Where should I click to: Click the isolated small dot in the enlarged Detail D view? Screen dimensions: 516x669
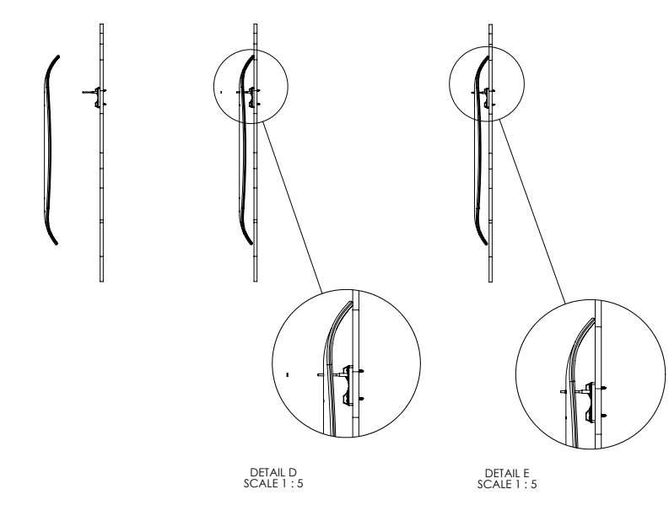click(x=288, y=372)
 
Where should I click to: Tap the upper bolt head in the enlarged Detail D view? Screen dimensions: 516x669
click(x=363, y=371)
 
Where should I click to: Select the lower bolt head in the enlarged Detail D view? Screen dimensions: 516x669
click(x=363, y=397)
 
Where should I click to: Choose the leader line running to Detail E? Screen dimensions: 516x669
click(x=532, y=210)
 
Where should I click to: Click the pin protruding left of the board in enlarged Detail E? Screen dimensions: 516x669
click(x=564, y=391)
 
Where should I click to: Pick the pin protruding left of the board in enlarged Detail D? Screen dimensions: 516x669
click(x=320, y=374)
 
